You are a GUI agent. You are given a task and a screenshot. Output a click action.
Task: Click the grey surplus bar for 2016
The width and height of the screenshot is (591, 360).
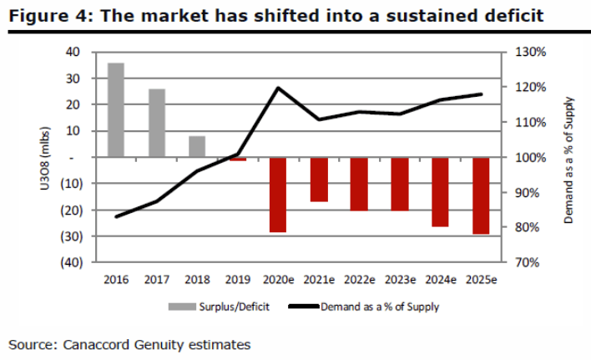(116, 109)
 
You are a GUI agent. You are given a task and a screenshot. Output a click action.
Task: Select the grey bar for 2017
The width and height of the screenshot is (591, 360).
(157, 123)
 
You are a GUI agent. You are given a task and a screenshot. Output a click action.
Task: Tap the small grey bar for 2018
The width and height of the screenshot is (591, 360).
(197, 146)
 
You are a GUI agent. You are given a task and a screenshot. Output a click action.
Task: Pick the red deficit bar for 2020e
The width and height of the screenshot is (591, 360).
(278, 195)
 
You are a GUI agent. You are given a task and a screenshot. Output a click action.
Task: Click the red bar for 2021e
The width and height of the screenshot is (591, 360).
(319, 180)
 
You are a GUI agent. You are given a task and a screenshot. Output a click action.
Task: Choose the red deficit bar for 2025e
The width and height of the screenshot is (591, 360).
(481, 195)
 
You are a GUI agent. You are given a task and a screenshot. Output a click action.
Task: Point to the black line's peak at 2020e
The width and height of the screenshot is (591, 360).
(278, 88)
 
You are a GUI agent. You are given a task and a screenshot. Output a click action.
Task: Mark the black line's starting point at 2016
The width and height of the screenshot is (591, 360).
(116, 216)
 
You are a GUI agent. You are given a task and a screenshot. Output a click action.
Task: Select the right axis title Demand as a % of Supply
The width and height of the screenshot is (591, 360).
(568, 157)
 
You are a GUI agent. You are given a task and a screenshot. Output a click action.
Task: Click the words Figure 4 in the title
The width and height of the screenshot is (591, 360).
(42, 15)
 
